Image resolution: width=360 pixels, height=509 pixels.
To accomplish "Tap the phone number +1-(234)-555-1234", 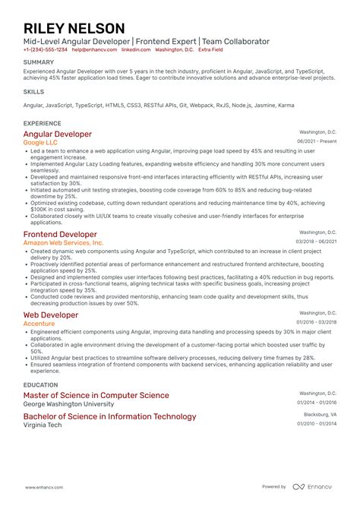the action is pos(45,49).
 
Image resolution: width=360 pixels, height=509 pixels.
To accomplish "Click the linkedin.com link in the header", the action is pos(135,49).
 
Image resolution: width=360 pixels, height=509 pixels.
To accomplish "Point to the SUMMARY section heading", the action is pos(38,62).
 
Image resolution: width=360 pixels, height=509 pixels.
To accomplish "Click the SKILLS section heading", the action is pos(33,91).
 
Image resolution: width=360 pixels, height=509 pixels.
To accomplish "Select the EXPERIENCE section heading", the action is pos(43,122).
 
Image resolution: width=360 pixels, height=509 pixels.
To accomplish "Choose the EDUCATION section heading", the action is pos(42,384).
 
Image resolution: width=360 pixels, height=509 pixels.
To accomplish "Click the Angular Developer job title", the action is pos(58,134).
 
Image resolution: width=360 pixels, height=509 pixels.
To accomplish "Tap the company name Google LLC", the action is pos(45,142).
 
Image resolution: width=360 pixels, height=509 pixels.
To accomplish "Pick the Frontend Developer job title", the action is pos(60,234).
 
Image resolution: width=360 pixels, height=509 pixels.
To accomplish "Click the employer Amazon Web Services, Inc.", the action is pos(63,243).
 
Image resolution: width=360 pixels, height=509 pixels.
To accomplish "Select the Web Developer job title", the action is pos(50,315).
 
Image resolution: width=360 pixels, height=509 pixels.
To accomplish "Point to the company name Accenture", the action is pos(39,323).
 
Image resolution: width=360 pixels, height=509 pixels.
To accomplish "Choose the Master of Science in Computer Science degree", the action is pos(96,395).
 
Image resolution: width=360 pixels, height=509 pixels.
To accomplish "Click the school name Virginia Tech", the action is pos(44,425).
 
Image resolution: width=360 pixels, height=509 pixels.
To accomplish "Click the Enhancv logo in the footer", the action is pos(313,486).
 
